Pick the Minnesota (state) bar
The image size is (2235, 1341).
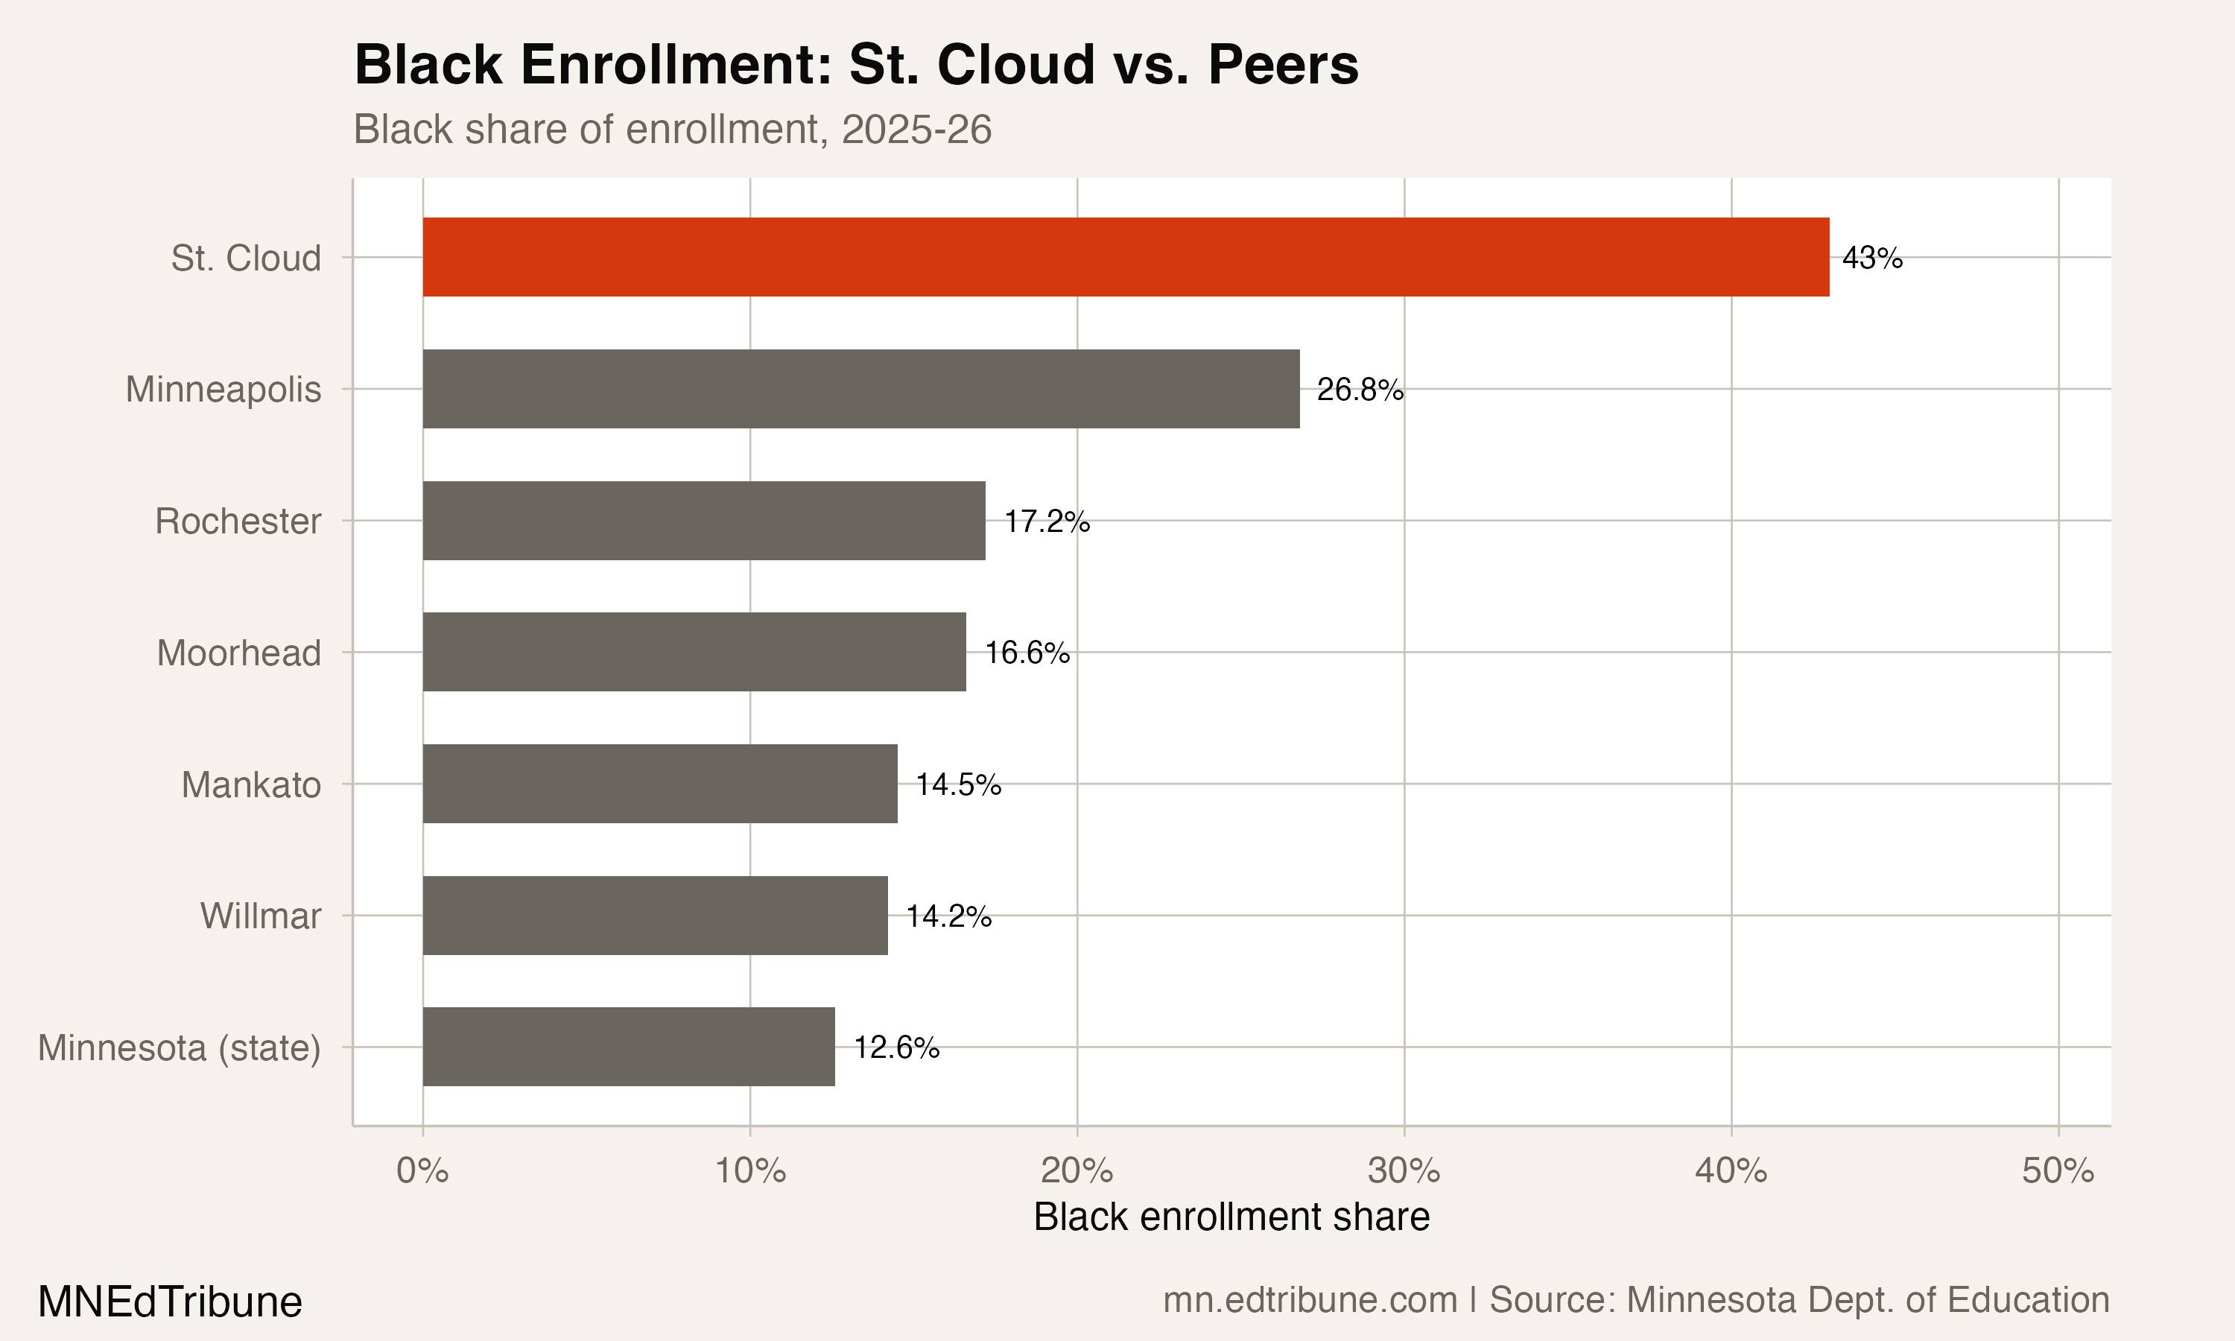point(628,1047)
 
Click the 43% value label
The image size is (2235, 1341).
point(1872,259)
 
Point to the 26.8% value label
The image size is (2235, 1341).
point(1360,390)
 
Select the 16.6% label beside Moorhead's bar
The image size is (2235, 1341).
point(1027,653)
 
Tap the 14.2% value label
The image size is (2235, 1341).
point(948,916)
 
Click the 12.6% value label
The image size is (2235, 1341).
point(896,1047)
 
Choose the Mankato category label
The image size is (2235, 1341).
point(251,784)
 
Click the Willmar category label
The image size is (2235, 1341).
point(260,916)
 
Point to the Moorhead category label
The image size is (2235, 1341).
point(238,653)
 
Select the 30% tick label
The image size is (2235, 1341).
point(1403,1171)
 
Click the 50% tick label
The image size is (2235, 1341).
point(2057,1171)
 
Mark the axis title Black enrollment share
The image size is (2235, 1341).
point(1231,1217)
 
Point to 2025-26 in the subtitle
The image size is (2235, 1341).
point(916,129)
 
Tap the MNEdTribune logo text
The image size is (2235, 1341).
point(170,1302)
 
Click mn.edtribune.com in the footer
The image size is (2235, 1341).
point(1309,1300)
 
